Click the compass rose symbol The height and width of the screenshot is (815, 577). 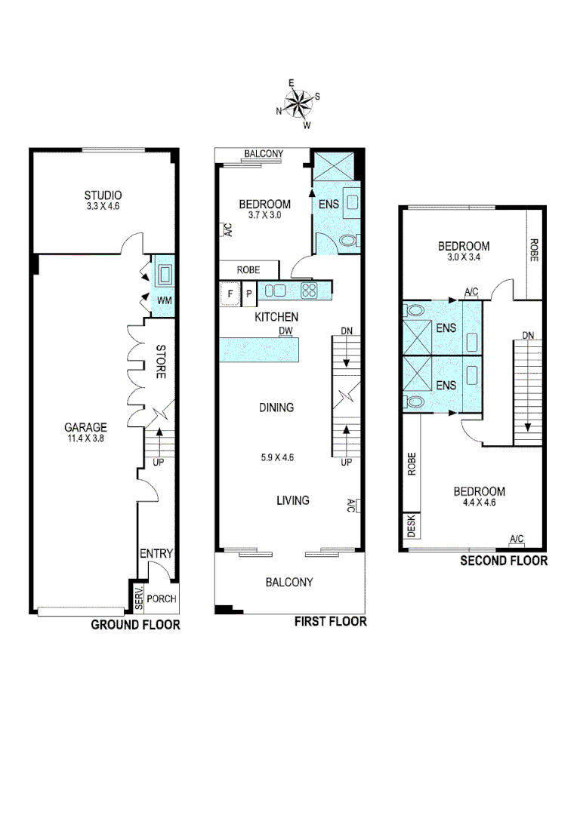[299, 104]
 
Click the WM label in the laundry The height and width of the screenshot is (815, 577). [164, 300]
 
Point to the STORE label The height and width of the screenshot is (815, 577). [160, 361]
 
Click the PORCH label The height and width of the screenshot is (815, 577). [162, 599]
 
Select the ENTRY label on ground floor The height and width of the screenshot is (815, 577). [157, 554]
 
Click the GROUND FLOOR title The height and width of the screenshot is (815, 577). [135, 625]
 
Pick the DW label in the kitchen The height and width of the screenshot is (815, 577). [285, 331]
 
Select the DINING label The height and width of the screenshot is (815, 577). [276, 407]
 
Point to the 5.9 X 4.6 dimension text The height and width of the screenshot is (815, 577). [276, 457]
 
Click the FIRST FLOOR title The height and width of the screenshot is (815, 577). [330, 622]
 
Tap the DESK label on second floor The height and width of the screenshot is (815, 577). [412, 526]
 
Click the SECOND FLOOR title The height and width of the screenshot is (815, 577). [504, 561]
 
